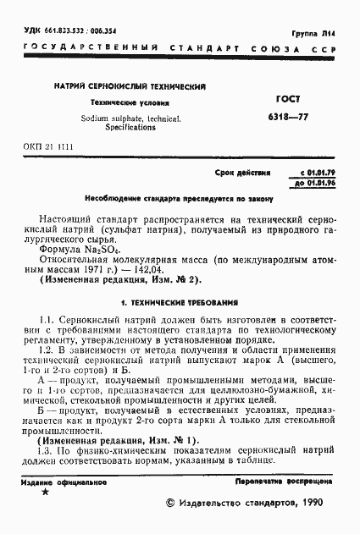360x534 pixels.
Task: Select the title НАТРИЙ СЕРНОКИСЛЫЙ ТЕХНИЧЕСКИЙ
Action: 130,87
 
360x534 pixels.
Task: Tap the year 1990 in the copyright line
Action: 307,503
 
